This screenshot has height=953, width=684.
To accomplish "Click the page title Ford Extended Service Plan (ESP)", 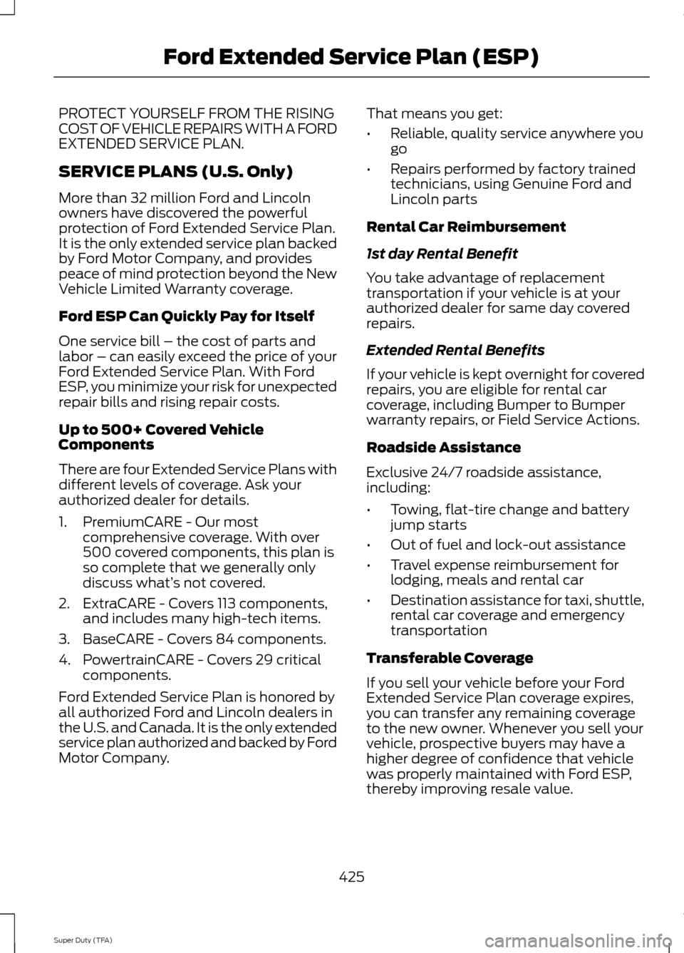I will point(350,57).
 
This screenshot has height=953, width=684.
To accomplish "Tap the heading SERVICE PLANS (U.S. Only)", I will point(175,172).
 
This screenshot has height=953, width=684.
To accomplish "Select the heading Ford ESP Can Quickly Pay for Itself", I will point(186,316).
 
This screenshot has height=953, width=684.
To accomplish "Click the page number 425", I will point(351,876).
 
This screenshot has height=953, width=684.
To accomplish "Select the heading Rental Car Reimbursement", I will point(466,227).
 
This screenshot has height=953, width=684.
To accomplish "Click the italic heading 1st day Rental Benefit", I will point(442,254).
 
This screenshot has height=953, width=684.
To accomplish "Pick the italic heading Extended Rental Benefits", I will point(455,350).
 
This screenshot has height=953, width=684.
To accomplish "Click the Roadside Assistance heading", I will point(443,448).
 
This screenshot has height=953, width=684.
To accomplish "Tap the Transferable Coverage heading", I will point(450,658).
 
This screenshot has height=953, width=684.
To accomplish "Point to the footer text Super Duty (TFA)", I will point(83,940).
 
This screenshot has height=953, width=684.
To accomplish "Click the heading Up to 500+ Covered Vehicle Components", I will point(161,437).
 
